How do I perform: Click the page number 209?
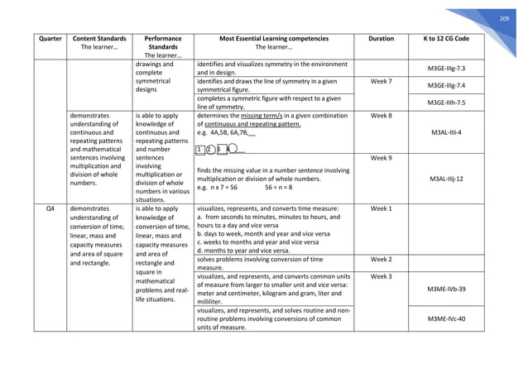[x=504, y=19]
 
